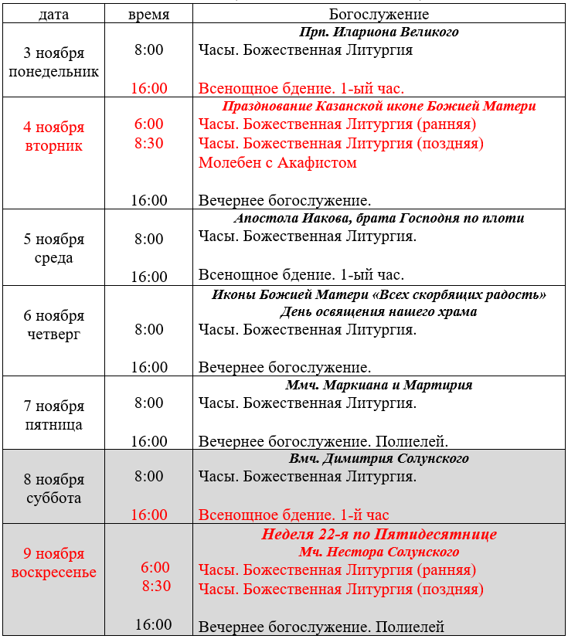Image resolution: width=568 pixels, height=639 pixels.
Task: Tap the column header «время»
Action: pos(148,15)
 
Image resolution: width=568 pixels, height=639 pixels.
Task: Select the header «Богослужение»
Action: pos(379,15)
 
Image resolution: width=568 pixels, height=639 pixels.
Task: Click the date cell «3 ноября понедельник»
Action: pos(53,63)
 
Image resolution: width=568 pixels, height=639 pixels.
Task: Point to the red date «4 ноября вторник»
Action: pos(53,137)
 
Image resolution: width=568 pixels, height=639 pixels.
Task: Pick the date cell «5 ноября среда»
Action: pos(53,248)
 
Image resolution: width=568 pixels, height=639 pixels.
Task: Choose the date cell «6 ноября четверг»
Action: pos(53,325)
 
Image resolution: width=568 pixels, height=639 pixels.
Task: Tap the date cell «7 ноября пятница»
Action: pos(53,415)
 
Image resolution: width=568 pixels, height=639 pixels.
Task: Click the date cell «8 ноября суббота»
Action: pos(53,488)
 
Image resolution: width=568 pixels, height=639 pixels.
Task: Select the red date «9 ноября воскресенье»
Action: pos(53,563)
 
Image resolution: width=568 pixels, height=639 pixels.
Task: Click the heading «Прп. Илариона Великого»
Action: pos(379,32)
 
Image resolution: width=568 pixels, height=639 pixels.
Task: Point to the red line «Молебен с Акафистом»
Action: pos(277,163)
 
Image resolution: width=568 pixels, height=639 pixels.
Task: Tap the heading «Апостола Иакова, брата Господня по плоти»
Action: pos(379,218)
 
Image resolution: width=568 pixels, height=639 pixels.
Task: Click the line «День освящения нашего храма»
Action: pos(379,312)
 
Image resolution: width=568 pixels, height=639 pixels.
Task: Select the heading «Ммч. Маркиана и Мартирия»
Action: pos(379,385)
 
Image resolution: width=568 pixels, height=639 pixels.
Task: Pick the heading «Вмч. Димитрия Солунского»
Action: pos(379,458)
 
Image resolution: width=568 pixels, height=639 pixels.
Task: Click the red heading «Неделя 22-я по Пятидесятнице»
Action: pos(379,534)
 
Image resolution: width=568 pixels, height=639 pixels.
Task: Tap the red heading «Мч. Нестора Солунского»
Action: pos(379,552)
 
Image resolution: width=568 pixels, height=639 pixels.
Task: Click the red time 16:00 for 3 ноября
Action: pos(148,88)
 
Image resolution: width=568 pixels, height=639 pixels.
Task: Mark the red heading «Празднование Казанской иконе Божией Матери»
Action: pos(379,106)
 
